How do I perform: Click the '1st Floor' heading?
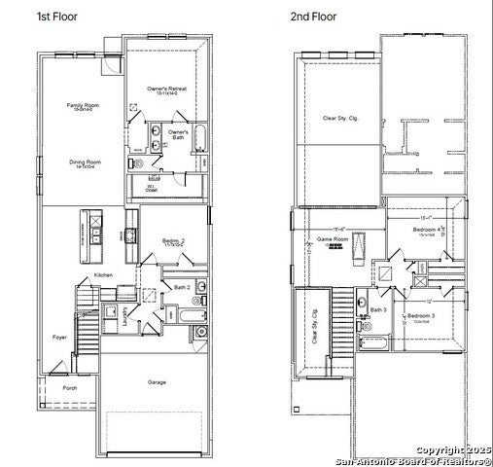(x=57, y=17)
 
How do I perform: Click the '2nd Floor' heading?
(x=313, y=17)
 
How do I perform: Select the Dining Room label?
(x=85, y=162)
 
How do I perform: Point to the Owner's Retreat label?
(x=165, y=89)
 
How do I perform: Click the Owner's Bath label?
(x=179, y=132)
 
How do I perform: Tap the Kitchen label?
(x=103, y=275)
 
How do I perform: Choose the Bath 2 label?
(x=182, y=287)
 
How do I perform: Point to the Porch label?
(x=70, y=387)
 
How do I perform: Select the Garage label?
(x=158, y=381)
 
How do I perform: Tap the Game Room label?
(x=333, y=238)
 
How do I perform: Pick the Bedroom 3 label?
(x=420, y=317)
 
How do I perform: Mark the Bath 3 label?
(x=378, y=310)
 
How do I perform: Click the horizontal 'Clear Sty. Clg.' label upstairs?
(x=339, y=119)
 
